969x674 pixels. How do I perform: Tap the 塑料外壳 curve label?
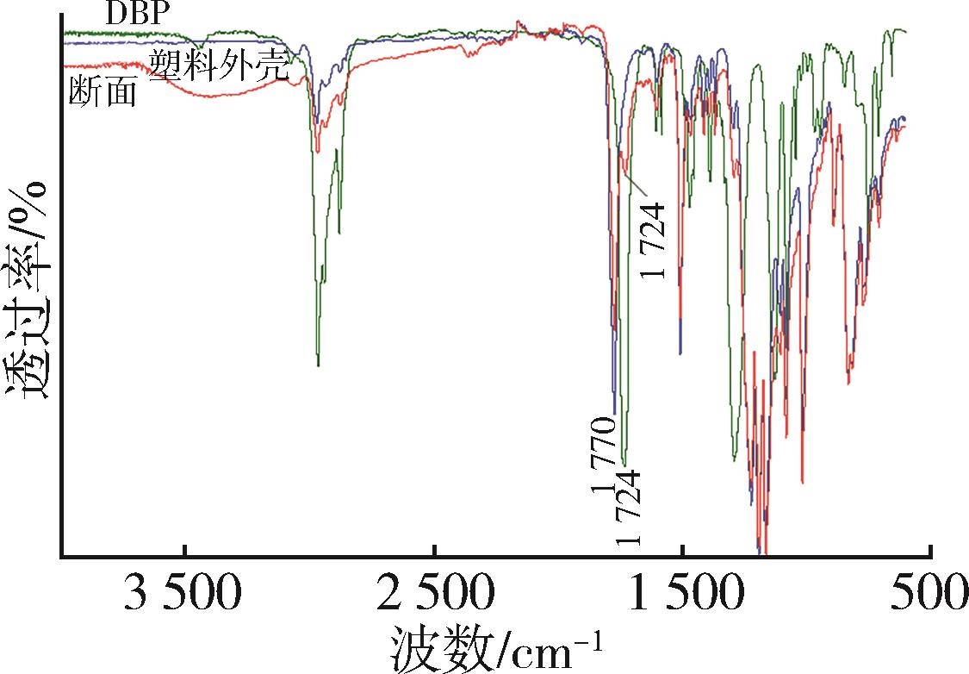coord(218,64)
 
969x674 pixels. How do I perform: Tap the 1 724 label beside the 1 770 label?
coord(630,509)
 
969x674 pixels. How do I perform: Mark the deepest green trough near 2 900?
coord(319,365)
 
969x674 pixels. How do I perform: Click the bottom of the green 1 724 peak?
coord(624,465)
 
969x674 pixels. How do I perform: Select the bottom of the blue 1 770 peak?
coord(615,412)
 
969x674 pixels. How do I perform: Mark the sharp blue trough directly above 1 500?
coord(681,352)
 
